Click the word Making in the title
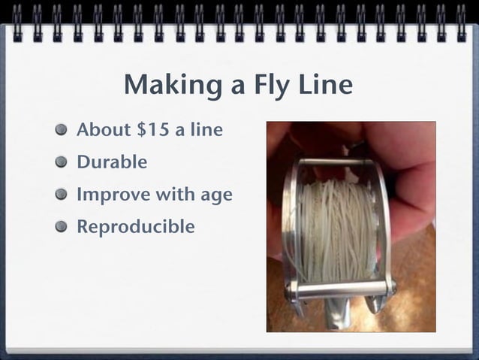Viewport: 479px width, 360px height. click(166, 86)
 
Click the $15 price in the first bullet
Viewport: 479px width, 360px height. click(152, 129)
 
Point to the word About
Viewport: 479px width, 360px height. click(104, 129)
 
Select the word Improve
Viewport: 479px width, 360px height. click(113, 195)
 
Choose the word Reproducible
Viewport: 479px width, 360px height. click(135, 226)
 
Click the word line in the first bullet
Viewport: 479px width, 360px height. click(207, 129)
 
